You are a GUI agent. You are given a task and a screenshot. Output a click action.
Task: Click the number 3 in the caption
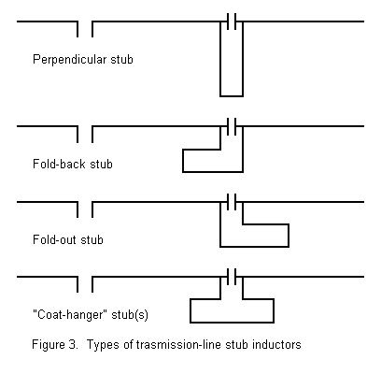(x=72, y=345)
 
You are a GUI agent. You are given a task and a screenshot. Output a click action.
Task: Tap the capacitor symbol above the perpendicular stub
(x=232, y=22)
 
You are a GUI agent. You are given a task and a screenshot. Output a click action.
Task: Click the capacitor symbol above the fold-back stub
(x=232, y=126)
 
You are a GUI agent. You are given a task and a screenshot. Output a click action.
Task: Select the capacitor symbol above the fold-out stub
(x=232, y=202)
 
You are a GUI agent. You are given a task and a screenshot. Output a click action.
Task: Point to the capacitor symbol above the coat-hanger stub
(x=232, y=277)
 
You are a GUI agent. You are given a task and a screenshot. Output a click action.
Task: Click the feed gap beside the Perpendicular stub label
(x=85, y=29)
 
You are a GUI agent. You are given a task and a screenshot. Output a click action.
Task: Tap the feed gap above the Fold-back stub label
(x=85, y=135)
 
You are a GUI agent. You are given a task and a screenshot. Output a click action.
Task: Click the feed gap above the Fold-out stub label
(x=85, y=209)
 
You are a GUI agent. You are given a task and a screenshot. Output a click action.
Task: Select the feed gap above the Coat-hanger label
(x=85, y=284)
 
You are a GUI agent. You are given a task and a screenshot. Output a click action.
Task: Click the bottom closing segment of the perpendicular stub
(x=232, y=96)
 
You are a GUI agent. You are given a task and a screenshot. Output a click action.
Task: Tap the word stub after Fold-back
(x=101, y=164)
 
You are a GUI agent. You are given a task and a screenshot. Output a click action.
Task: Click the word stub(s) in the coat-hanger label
(x=130, y=314)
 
